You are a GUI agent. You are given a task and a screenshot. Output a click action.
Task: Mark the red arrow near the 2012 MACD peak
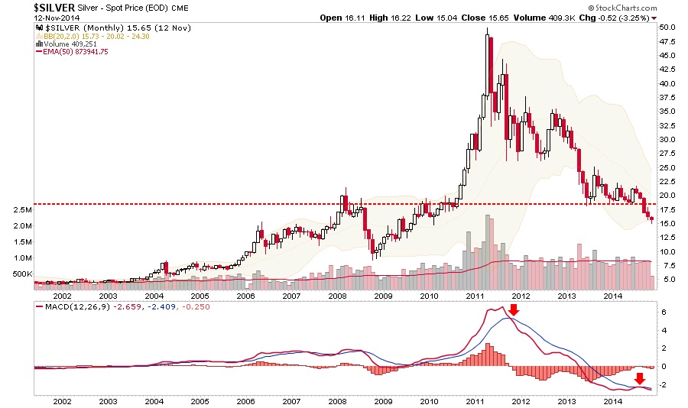pos(514,309)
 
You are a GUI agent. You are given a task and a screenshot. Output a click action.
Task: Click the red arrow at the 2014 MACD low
pos(641,379)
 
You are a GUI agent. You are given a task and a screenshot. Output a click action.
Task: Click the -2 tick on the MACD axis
pos(662,384)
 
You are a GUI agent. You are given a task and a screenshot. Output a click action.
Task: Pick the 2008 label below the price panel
pos(337,296)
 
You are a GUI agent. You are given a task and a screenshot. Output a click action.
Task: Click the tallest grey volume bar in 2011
pos(487,251)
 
